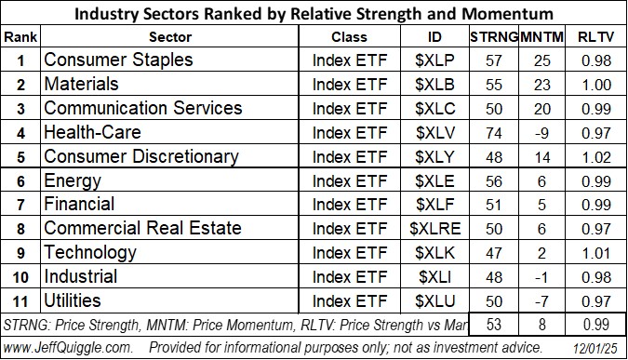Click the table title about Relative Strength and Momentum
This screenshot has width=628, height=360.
tap(314, 13)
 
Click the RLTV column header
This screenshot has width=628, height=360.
tap(595, 37)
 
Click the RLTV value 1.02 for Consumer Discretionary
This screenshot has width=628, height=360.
tap(595, 155)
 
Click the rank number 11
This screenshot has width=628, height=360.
tap(20, 300)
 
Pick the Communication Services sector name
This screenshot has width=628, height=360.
tap(143, 108)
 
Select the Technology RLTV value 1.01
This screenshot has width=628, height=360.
tap(595, 252)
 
